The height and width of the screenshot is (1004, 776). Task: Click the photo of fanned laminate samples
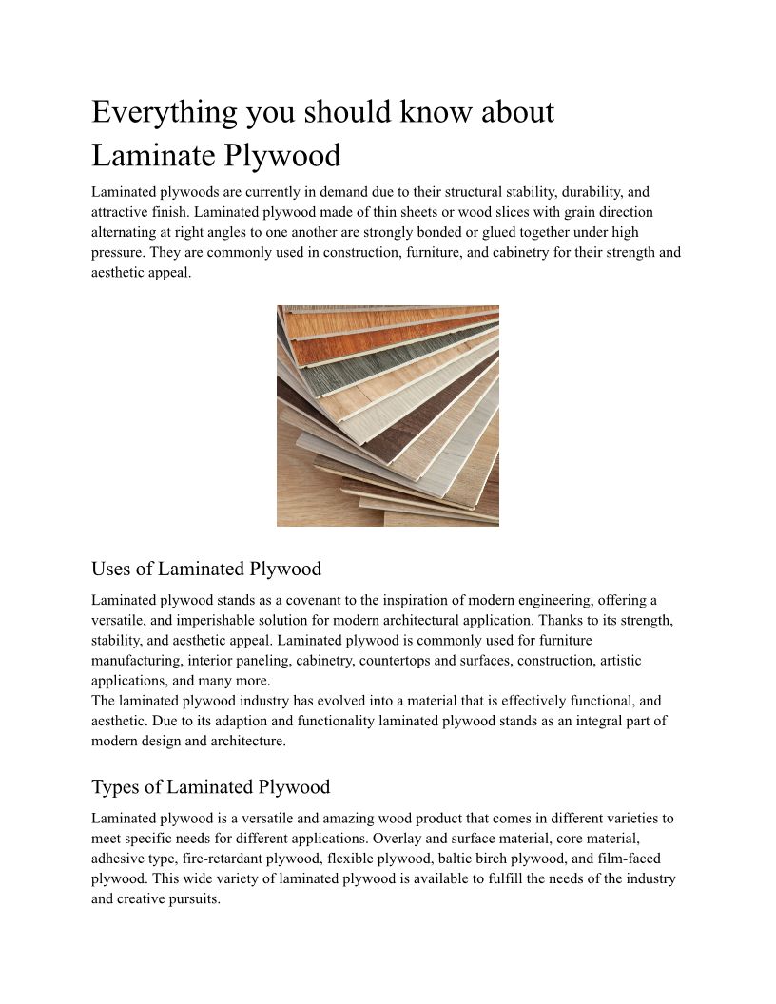click(387, 415)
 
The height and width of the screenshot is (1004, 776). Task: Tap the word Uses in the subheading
click(112, 569)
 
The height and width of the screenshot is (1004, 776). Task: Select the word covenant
click(330, 600)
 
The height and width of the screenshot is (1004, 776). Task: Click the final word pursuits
click(193, 898)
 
